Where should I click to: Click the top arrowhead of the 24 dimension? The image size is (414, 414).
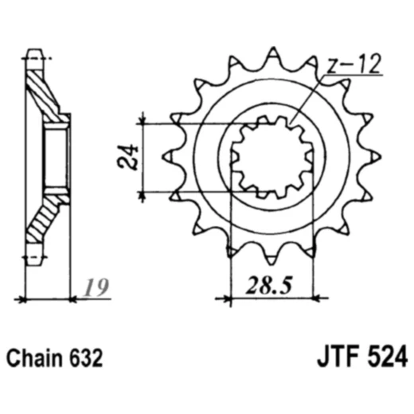click(143, 119)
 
